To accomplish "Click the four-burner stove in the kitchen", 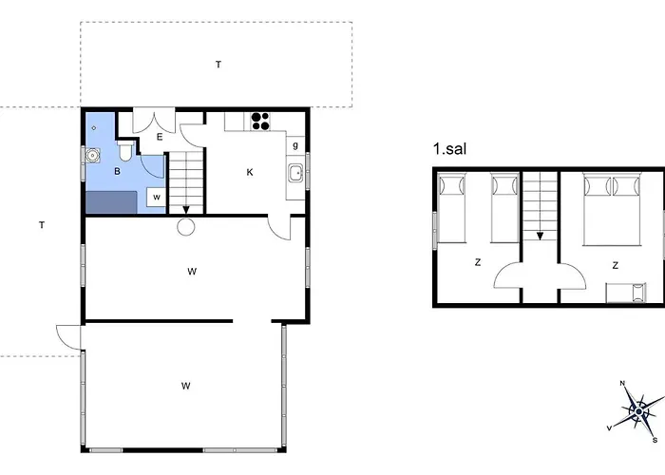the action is coord(260,121).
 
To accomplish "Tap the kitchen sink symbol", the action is coord(295,173).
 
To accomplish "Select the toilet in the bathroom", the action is coord(125,151).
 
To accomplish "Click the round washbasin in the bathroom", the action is coord(92,155).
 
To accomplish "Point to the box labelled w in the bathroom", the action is coord(156,198).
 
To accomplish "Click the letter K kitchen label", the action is coord(250,172).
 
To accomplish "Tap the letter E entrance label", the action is coord(160,137).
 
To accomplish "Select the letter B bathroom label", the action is coord(117,171).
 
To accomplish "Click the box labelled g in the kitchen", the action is coord(295,146).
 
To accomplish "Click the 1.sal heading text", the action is coord(449,149).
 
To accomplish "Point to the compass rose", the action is coord(638,410).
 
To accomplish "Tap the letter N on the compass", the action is coord(622,384).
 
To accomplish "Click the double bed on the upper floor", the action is coord(611,209).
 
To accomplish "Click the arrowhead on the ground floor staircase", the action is coord(186,210).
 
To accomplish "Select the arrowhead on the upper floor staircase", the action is coord(540,236).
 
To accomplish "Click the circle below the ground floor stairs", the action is coord(186,226).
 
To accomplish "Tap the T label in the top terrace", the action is coord(218,65).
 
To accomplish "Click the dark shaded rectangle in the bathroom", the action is coord(111,202).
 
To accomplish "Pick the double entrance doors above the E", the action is coord(154,121).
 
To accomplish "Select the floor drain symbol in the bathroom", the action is coord(94,127).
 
